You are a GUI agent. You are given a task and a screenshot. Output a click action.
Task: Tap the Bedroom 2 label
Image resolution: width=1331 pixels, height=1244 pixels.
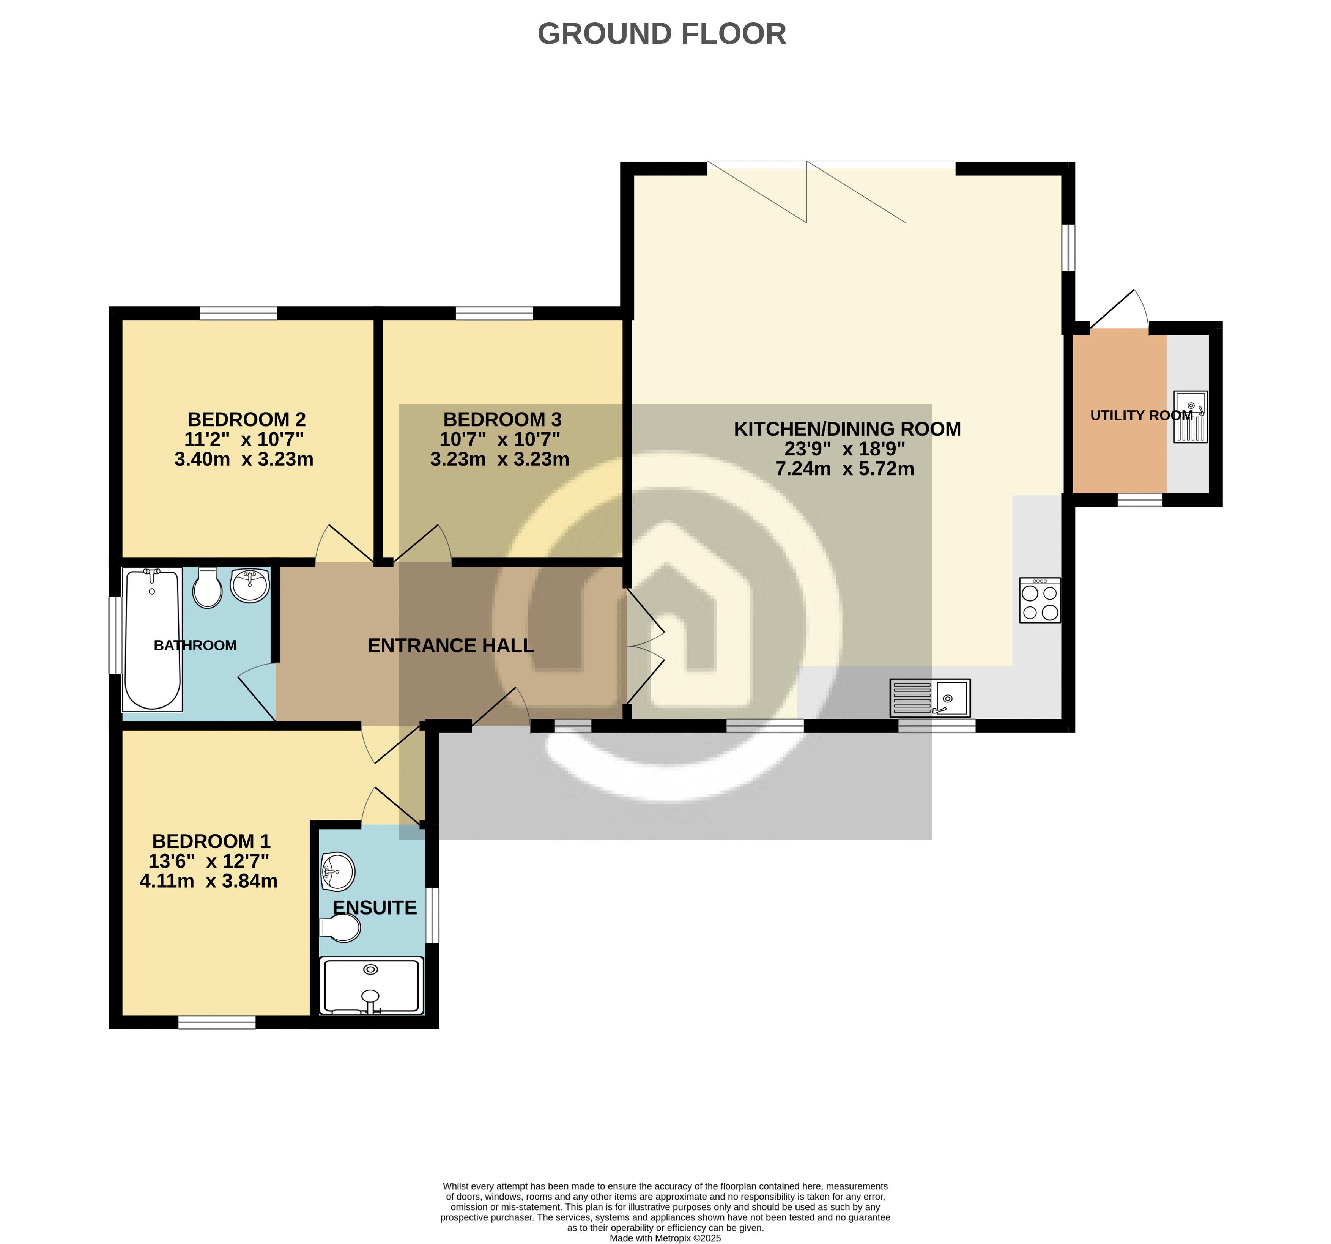(x=246, y=419)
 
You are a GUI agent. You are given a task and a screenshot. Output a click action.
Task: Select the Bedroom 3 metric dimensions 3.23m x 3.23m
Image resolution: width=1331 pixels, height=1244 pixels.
(x=499, y=459)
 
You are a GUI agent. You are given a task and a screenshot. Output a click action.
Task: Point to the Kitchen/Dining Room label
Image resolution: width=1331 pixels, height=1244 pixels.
(x=847, y=428)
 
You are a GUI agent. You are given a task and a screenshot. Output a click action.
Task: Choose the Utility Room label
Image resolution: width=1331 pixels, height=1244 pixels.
(x=1142, y=415)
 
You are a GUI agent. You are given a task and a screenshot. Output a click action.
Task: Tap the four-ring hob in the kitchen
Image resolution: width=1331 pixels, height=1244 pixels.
(x=1040, y=600)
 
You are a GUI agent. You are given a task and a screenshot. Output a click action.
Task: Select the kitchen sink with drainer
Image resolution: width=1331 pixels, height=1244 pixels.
(x=930, y=698)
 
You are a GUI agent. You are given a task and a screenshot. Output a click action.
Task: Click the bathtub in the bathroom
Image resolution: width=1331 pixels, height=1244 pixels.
(x=152, y=639)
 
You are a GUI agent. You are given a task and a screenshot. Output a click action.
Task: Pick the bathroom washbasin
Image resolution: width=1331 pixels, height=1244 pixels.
(x=250, y=584)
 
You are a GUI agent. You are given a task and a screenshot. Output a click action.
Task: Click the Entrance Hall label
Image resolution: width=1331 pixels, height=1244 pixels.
(x=450, y=646)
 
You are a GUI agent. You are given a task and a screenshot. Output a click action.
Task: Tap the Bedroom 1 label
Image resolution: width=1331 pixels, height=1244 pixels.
(x=211, y=841)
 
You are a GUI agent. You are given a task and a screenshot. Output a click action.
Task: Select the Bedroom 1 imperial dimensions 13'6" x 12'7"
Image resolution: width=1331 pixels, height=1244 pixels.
(x=208, y=861)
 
